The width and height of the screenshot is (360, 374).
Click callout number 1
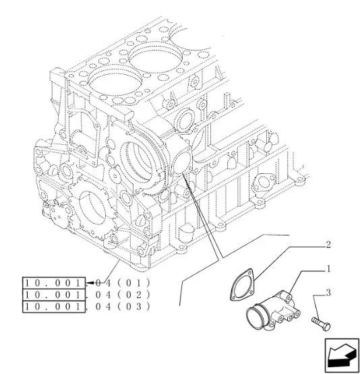point(328,269)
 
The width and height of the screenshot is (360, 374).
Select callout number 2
point(328,245)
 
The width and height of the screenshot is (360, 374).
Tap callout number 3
point(328,292)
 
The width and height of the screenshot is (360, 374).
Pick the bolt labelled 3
point(321,323)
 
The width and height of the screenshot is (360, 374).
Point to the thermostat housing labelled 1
point(274,311)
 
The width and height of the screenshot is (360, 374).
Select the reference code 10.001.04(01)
point(88,283)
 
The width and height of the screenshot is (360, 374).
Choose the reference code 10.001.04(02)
point(88,295)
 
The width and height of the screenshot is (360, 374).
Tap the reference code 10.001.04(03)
point(88,307)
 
